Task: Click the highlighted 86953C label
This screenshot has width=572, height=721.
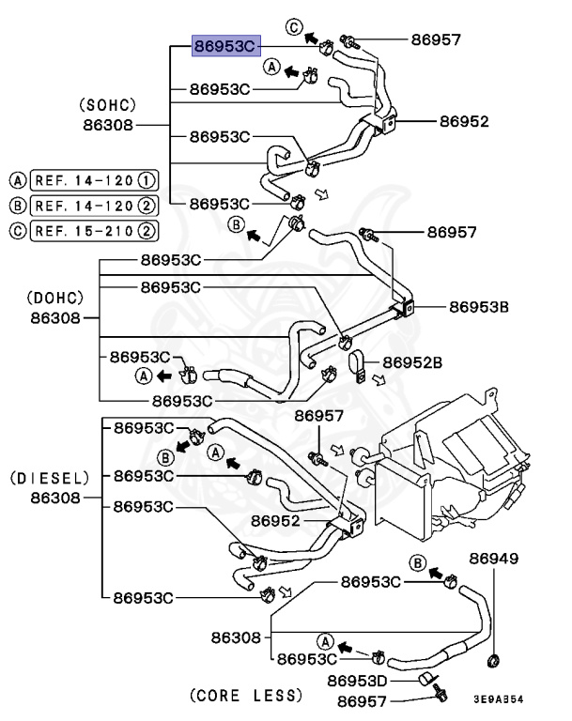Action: coord(224,46)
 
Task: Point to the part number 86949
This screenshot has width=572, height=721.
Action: coord(493,559)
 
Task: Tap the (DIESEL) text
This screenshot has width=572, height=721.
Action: coord(51,478)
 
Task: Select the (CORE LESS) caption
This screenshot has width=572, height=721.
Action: coord(246,696)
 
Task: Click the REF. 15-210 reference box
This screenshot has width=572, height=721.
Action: coord(94,229)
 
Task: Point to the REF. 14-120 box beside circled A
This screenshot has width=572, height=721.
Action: coord(94,179)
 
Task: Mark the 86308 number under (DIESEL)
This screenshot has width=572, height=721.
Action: coord(50,498)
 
